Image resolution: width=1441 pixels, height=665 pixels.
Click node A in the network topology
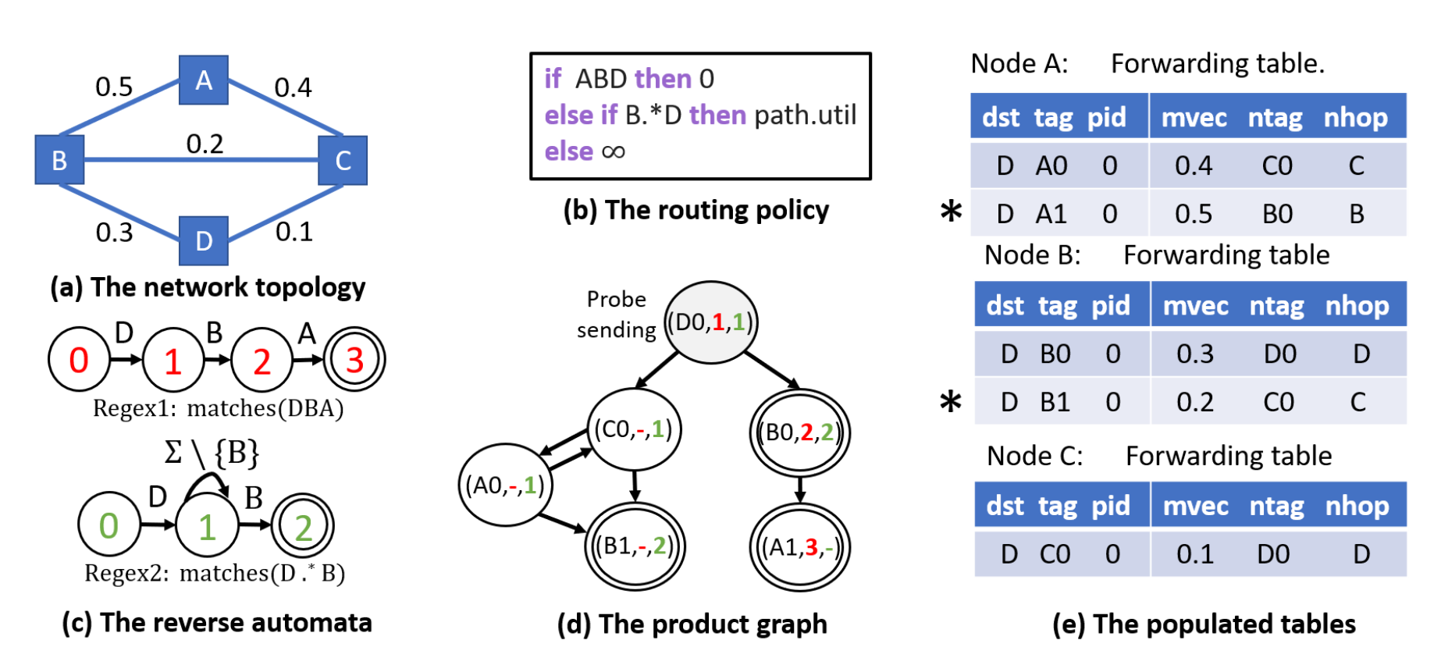click(x=204, y=80)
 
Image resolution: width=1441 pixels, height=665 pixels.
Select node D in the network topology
click(x=204, y=240)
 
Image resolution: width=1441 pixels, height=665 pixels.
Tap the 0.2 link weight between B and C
click(x=205, y=144)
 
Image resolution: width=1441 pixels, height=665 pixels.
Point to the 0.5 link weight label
click(x=114, y=87)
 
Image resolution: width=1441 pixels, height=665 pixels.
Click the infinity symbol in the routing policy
click(x=614, y=151)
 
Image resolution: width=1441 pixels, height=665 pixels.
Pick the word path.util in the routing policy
click(x=805, y=115)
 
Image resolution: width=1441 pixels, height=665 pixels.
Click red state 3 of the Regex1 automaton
click(x=354, y=360)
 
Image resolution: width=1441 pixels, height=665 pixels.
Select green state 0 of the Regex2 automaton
click(x=109, y=525)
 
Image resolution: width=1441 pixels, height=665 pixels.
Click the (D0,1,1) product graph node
click(x=711, y=322)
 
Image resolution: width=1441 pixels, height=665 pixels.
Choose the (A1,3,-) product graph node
click(x=800, y=547)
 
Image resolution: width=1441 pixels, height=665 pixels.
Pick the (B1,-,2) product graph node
click(x=635, y=546)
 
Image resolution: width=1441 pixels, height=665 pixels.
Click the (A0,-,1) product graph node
click(x=505, y=485)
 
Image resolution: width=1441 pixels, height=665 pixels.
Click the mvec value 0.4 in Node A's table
click(x=1194, y=165)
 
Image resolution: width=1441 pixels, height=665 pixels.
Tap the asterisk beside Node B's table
click(x=951, y=403)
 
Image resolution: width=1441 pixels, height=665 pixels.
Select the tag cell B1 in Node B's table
click(x=1055, y=402)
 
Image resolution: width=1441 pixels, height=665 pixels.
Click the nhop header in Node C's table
click(x=1357, y=506)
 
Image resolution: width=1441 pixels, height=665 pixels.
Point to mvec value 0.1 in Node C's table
click(x=1195, y=554)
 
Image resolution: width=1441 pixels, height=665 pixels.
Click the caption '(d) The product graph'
click(x=692, y=624)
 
